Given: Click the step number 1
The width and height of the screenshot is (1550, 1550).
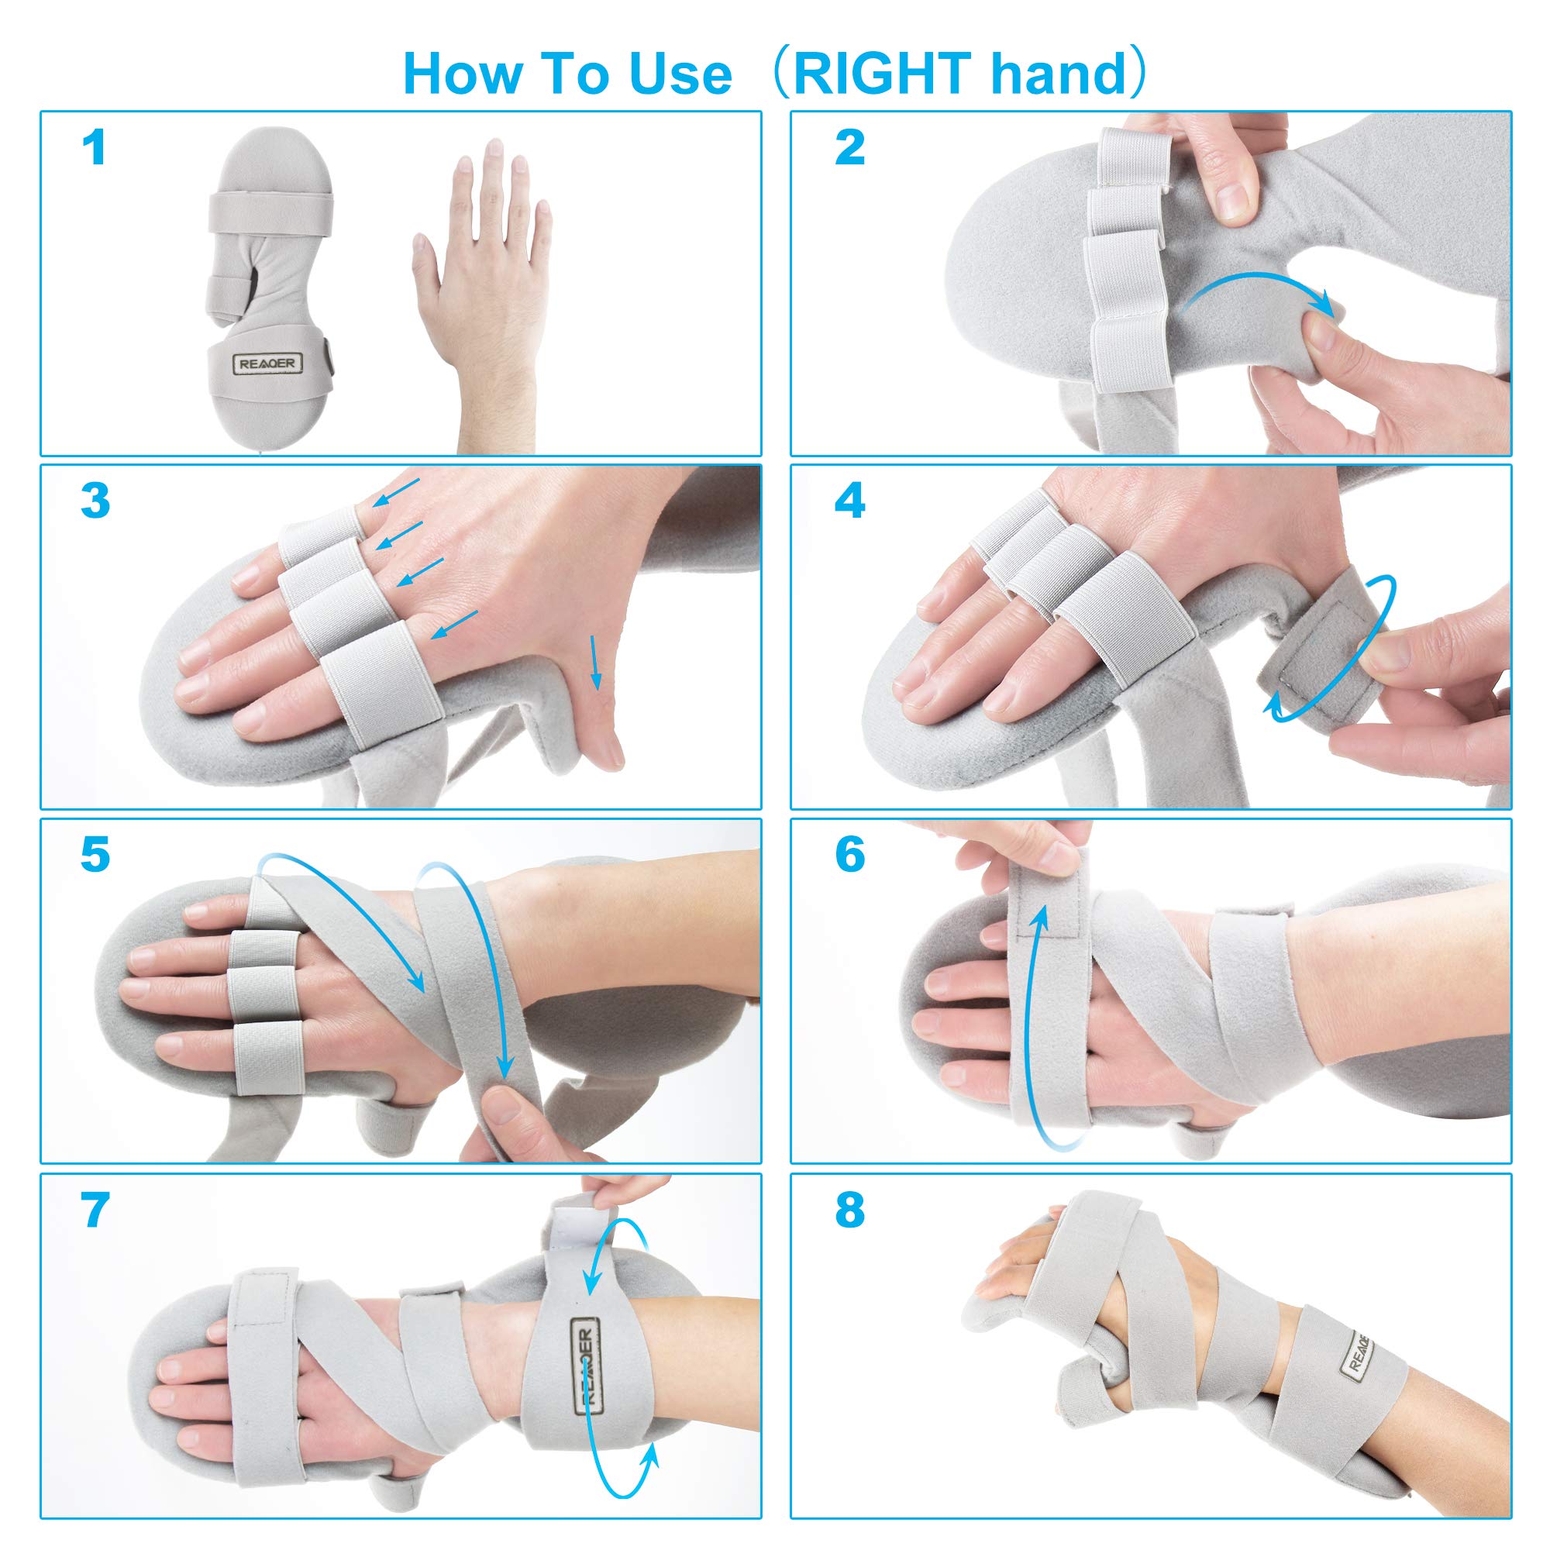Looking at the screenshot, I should pos(95,149).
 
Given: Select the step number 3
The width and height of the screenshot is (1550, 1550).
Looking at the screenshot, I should pos(95,501).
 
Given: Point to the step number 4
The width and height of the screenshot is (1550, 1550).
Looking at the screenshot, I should pos(849,501).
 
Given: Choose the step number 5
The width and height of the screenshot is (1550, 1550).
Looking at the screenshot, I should pos(95,856).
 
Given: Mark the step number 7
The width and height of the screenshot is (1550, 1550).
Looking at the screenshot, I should pos(95,1211).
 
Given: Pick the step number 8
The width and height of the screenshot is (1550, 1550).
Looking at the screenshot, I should pos(849,1211).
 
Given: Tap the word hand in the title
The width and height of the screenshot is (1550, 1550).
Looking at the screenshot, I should pos(1059,74).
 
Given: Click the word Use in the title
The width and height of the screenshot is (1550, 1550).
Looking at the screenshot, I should pos(680,74).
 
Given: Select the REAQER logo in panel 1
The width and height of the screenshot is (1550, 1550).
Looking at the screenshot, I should pos(267,363).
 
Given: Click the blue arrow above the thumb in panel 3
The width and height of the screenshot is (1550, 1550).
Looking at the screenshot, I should pos(594,662).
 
